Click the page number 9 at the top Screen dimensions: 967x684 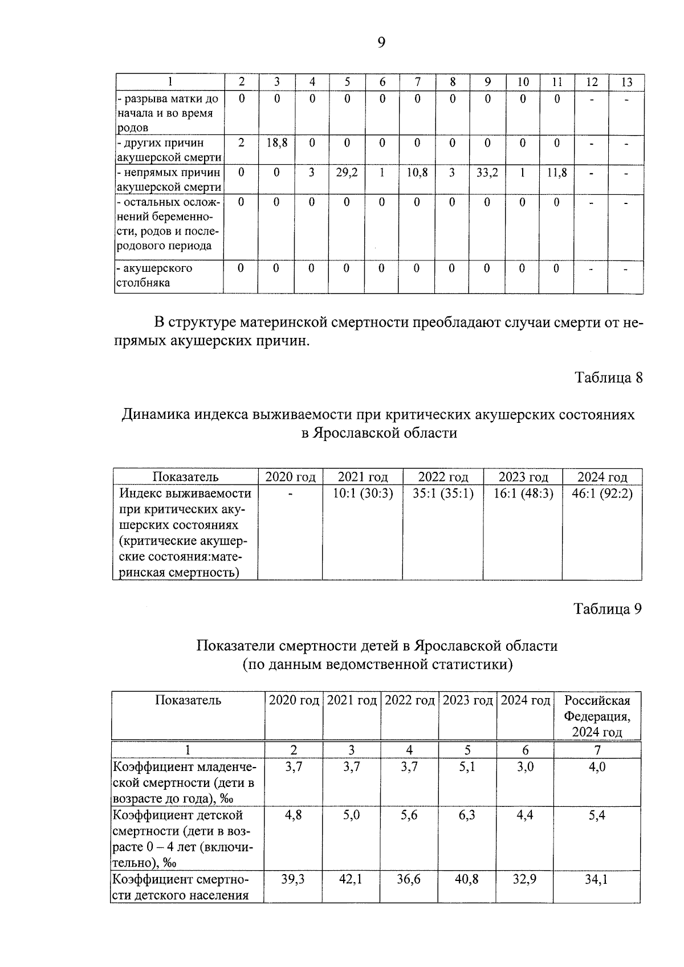coord(381,43)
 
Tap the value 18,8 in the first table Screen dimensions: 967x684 coord(276,143)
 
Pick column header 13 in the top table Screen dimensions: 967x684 coord(626,82)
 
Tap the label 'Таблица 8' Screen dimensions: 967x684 coord(608,378)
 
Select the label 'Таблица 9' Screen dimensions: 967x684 coord(608,609)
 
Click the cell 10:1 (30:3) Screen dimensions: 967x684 coord(363,493)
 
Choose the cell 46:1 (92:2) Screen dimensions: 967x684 coord(602,493)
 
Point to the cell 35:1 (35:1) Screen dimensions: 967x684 coord(443,493)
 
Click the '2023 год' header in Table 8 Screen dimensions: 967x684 coord(523,477)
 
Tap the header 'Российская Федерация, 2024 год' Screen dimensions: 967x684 coord(597,716)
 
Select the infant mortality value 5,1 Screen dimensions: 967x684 coord(467,767)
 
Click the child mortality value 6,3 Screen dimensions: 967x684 coord(467,815)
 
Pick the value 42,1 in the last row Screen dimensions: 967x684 coord(351,879)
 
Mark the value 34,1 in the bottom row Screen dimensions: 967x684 coord(597,879)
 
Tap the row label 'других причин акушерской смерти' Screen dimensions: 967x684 coord(169,150)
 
